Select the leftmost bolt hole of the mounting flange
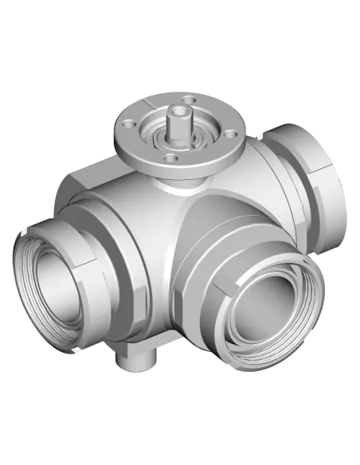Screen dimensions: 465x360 click(125, 127)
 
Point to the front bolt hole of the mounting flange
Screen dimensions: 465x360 click(168, 158)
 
